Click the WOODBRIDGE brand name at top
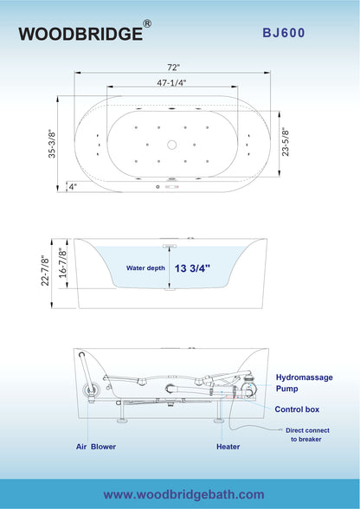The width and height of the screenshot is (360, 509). click(80, 34)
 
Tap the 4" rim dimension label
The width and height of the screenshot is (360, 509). click(73, 185)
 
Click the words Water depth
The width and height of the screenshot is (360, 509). click(145, 269)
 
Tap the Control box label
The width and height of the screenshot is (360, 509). click(297, 409)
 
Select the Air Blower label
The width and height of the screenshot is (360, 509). click(95, 447)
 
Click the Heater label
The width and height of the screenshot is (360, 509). click(228, 447)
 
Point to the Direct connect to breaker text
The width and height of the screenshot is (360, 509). click(306, 435)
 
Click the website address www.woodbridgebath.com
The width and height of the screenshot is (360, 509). click(183, 493)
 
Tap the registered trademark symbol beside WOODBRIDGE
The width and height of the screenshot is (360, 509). click(148, 24)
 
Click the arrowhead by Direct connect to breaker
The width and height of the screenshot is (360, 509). click(278, 430)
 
